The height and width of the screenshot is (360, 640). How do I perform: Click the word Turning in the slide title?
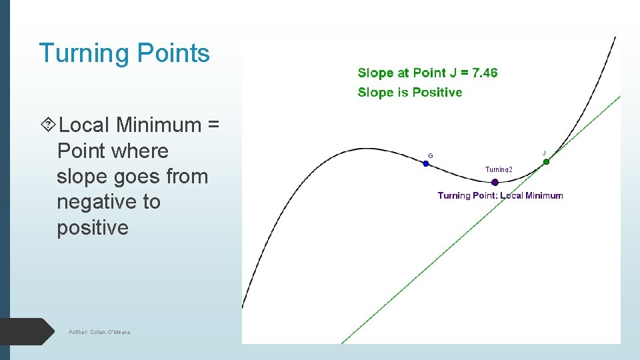[x=84, y=53]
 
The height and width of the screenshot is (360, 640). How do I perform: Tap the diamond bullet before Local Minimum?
[x=48, y=125]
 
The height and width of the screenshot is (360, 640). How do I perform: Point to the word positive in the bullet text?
[x=93, y=227]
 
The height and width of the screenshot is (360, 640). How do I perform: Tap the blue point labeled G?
[x=426, y=163]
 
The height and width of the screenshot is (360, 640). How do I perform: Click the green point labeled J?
[x=546, y=161]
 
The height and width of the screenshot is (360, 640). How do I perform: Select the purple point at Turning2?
[x=495, y=182]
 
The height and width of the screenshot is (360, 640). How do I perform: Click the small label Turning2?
[x=499, y=169]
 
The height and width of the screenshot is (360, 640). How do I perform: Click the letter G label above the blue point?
[x=430, y=155]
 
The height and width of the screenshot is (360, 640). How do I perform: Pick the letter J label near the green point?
[x=544, y=153]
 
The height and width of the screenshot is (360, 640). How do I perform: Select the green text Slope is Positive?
[x=409, y=92]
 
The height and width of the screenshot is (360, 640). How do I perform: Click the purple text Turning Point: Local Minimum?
[x=500, y=195]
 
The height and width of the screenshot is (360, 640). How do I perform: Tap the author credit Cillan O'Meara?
[x=99, y=332]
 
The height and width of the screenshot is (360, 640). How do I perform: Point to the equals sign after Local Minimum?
[x=214, y=125]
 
